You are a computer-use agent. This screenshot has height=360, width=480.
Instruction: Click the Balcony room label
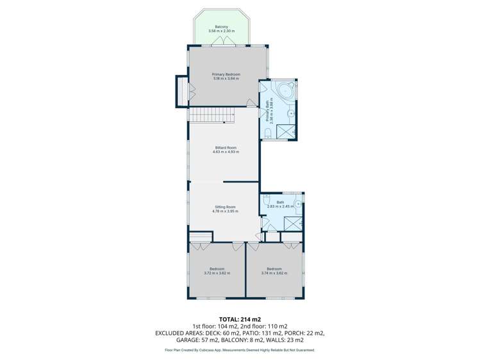coord(221,26)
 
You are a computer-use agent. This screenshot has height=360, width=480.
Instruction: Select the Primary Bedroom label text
coord(226,74)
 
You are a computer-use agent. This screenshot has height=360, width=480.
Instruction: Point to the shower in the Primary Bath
coord(286,131)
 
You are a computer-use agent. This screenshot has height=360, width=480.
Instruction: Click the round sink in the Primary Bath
coord(290,114)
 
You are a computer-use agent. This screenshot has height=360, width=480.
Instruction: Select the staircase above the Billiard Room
coord(212,115)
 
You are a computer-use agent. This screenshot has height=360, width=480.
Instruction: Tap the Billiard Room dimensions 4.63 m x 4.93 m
coord(226,152)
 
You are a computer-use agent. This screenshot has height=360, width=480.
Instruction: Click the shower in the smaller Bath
coord(293,224)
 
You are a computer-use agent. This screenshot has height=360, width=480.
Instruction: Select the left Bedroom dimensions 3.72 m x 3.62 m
coord(217,273)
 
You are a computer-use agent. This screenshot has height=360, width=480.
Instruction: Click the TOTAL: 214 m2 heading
coord(240,318)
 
